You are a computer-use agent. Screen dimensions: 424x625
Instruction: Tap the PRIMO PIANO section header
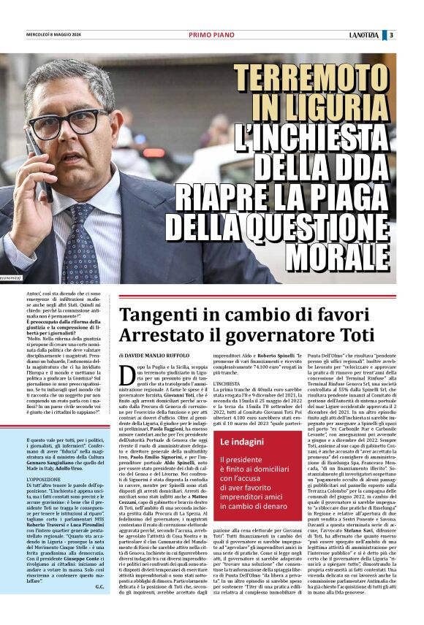pyautogui.click(x=211, y=34)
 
